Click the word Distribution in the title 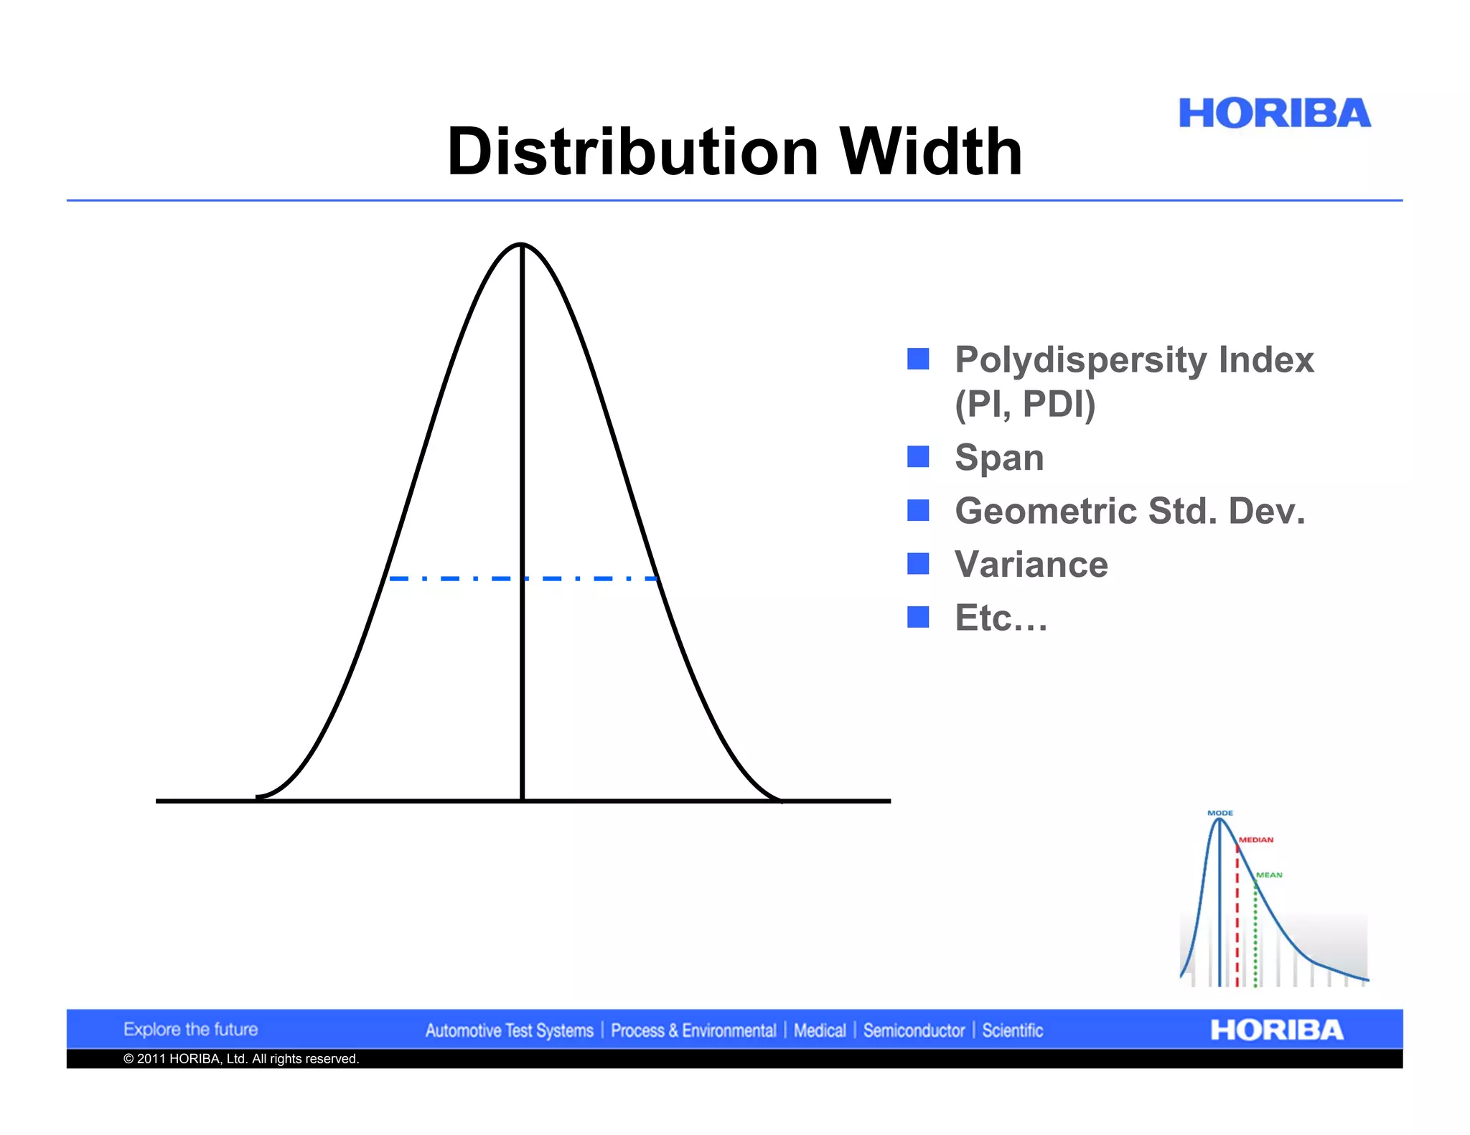[632, 152]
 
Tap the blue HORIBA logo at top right [1274, 113]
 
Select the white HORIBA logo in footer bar [1276, 1030]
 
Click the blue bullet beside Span [918, 456]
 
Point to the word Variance [1031, 564]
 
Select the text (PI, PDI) [1024, 404]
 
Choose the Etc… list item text [1001, 618]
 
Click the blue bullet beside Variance [918, 564]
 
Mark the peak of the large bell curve [522, 245]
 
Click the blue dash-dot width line [459, 578]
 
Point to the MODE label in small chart [1219, 813]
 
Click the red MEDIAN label [1256, 839]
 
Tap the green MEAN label [1269, 875]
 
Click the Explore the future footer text [190, 1030]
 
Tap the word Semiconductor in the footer [914, 1031]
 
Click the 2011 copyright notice [240, 1059]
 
